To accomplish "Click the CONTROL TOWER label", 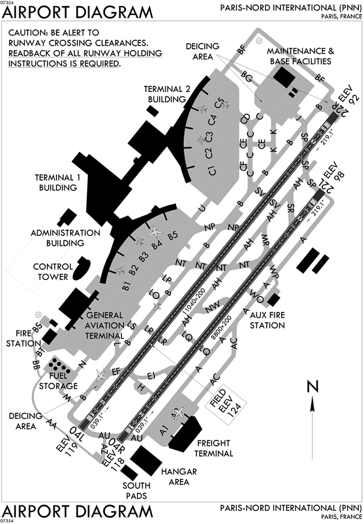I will coord(53,271).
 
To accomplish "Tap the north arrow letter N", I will coord(312,387).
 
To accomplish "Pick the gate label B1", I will coord(126,285).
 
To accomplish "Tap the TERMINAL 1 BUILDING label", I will coord(56,183).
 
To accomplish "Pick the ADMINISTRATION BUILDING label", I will coord(65,237).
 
